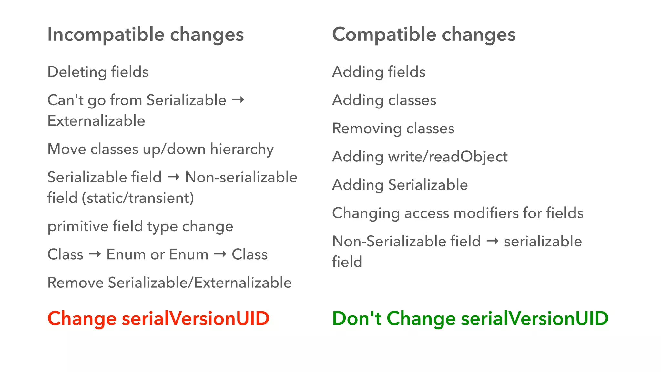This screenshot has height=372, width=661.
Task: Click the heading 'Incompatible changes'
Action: (146, 35)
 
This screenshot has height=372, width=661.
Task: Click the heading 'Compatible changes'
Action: (424, 35)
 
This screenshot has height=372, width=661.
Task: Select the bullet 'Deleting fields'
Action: (98, 72)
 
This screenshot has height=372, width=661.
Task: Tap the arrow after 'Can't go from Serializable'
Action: (238, 100)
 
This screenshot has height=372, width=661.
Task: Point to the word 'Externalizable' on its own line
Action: (96, 121)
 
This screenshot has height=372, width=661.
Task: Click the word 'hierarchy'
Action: (242, 149)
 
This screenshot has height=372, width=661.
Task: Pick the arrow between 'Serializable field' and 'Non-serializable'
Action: (173, 177)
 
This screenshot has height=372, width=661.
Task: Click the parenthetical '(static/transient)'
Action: (138, 198)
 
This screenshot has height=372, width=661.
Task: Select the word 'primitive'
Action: (77, 226)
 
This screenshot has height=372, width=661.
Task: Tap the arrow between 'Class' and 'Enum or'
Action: (95, 254)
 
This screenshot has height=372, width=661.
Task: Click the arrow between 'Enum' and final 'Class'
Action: (220, 254)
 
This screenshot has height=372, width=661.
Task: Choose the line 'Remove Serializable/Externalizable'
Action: (169, 283)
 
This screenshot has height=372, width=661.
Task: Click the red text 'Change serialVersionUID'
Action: (158, 318)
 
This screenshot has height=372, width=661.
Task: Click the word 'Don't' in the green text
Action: (357, 318)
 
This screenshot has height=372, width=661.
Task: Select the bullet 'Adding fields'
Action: (379, 72)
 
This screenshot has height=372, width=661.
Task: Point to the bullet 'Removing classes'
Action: (393, 129)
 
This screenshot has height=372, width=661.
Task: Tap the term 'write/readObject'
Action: (448, 157)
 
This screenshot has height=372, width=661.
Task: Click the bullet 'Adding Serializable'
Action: (400, 185)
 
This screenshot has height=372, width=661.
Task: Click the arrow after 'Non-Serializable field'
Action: (493, 241)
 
